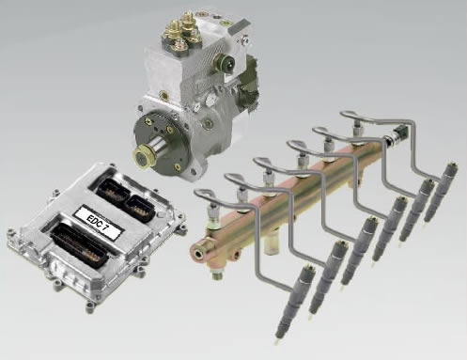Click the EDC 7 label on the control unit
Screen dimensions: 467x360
point(98,222)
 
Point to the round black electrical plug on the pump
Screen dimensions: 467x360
point(225,64)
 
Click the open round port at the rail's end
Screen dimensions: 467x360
point(198,254)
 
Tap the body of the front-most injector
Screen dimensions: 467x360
point(292,301)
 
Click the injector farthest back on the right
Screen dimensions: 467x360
point(442,191)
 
